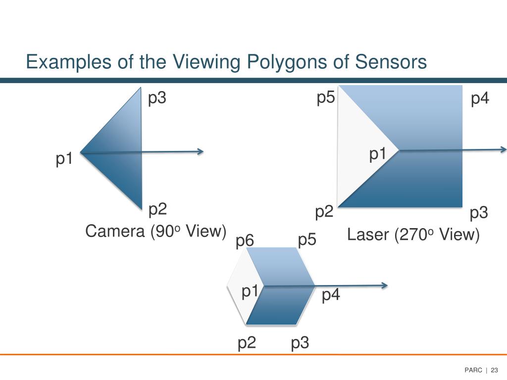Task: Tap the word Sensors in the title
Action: pos(391,62)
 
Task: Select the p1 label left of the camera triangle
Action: pos(64,159)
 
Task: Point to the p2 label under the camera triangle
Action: pos(157,210)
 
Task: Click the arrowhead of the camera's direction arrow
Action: pos(200,151)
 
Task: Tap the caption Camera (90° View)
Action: pos(155,231)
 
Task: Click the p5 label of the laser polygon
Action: pos(326,98)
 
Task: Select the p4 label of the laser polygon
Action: pos(480,98)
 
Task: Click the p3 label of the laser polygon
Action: pos(479,214)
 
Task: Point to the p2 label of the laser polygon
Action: pos(324,213)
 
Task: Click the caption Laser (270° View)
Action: pos(413,235)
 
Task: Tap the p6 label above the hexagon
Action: pos(245,241)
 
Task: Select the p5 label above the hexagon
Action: pos(307,240)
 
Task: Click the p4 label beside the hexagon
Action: pos(331,296)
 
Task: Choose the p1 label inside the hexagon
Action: pos(251,292)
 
